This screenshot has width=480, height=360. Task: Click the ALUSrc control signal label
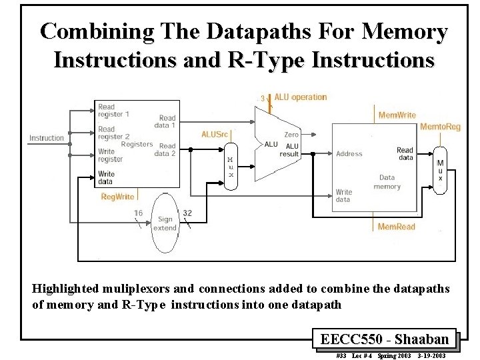pyautogui.click(x=215, y=134)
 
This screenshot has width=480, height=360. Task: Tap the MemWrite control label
pyautogui.click(x=397, y=115)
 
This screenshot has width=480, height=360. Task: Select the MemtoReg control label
pyautogui.click(x=440, y=127)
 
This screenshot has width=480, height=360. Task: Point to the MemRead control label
pyautogui.click(x=396, y=227)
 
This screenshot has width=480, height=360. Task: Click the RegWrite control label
pyautogui.click(x=117, y=197)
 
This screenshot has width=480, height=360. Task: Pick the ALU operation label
pyautogui.click(x=300, y=97)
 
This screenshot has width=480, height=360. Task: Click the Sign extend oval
pyautogui.click(x=165, y=223)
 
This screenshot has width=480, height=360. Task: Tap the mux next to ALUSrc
pyautogui.click(x=230, y=167)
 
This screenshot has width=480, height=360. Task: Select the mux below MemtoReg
pyautogui.click(x=439, y=170)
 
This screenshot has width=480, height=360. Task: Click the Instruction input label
pyautogui.click(x=47, y=138)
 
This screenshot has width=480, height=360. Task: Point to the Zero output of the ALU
pyautogui.click(x=291, y=135)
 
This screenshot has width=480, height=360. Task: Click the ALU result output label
pyautogui.click(x=290, y=150)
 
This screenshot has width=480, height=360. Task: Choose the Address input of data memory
pyautogui.click(x=349, y=154)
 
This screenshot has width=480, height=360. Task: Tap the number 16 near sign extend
pyautogui.click(x=138, y=213)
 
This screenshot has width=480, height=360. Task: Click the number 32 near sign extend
pyautogui.click(x=187, y=213)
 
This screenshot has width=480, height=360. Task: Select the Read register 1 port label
pyautogui.click(x=114, y=111)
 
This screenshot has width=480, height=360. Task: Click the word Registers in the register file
pyautogui.click(x=137, y=144)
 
